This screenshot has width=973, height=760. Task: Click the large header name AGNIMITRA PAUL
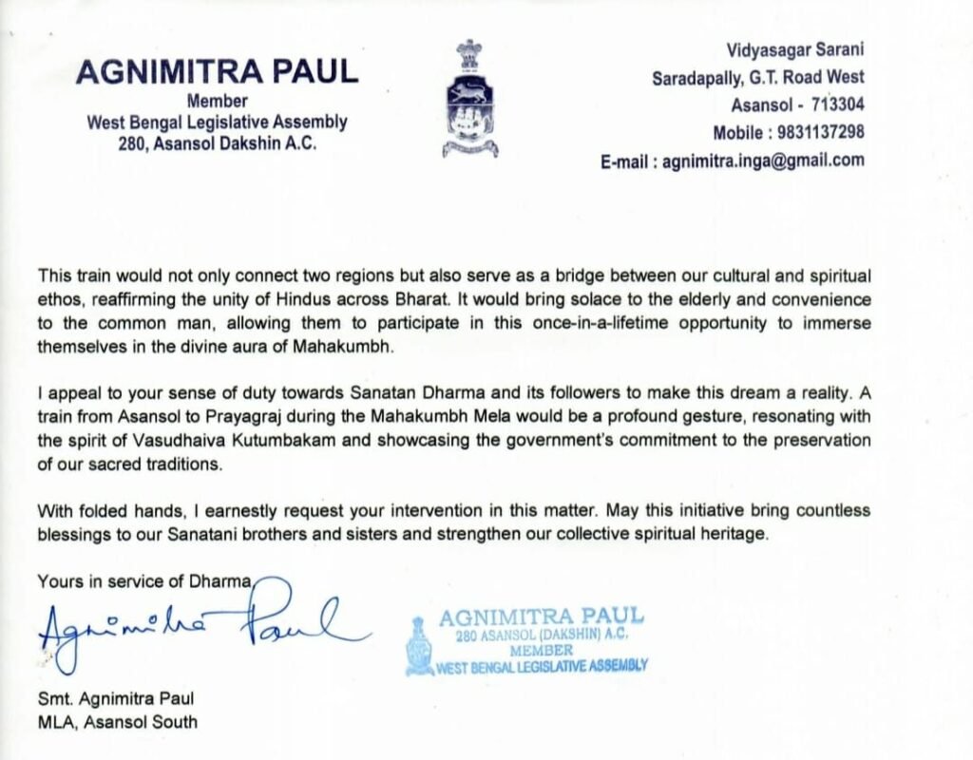(217, 72)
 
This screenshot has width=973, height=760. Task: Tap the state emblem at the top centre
(469, 98)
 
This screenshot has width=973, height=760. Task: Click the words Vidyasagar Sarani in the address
(795, 50)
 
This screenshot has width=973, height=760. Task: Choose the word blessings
(75, 534)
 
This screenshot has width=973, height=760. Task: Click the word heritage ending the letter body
(732, 534)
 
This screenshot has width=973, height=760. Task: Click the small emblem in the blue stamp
(418, 646)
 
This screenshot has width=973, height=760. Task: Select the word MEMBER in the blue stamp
(541, 651)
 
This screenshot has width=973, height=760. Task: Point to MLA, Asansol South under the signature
(118, 721)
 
